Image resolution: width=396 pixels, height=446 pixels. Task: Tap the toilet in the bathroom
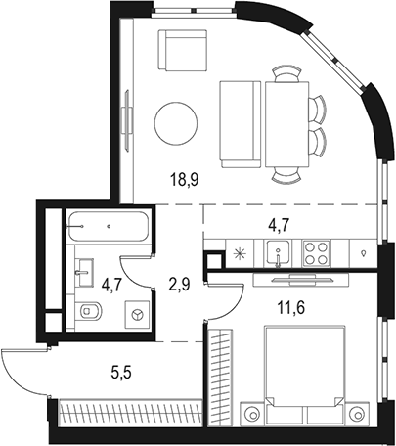pyautogui.click(x=89, y=313)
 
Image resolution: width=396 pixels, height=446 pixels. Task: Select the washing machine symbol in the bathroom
pyautogui.click(x=137, y=314)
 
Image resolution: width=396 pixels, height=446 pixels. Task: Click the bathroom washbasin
pyautogui.click(x=83, y=265)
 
